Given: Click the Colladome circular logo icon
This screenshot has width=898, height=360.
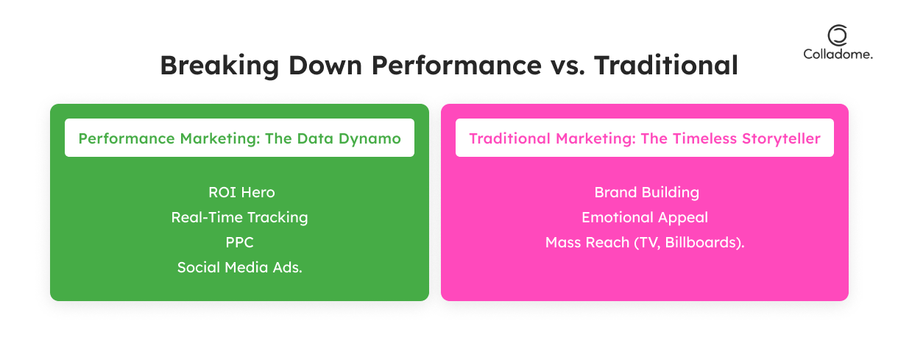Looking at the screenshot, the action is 838,35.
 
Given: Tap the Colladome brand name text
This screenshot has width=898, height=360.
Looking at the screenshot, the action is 838,54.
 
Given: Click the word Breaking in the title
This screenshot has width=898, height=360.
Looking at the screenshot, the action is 219,66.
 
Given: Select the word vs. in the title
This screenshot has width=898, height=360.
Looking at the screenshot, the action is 568,66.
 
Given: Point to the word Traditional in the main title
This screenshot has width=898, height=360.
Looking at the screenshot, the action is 666,65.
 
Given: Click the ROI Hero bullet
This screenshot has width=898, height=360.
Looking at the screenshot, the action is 241,192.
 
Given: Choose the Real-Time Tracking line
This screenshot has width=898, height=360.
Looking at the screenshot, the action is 239,218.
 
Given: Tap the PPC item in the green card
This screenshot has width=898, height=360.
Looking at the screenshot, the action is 239,242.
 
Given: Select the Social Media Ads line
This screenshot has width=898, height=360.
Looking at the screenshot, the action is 240,267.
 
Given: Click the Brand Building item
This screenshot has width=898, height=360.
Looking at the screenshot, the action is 647,193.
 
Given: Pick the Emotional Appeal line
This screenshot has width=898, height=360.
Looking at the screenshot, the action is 645,218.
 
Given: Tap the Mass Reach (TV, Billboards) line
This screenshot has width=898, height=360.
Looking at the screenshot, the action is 645,242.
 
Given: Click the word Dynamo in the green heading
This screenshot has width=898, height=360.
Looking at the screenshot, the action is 370,139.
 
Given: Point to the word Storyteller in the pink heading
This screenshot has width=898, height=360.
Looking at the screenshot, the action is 782,138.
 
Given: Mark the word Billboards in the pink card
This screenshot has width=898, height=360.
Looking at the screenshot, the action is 701,242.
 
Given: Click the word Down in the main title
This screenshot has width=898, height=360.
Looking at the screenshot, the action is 325,66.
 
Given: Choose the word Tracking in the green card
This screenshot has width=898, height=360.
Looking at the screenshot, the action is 277,218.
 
